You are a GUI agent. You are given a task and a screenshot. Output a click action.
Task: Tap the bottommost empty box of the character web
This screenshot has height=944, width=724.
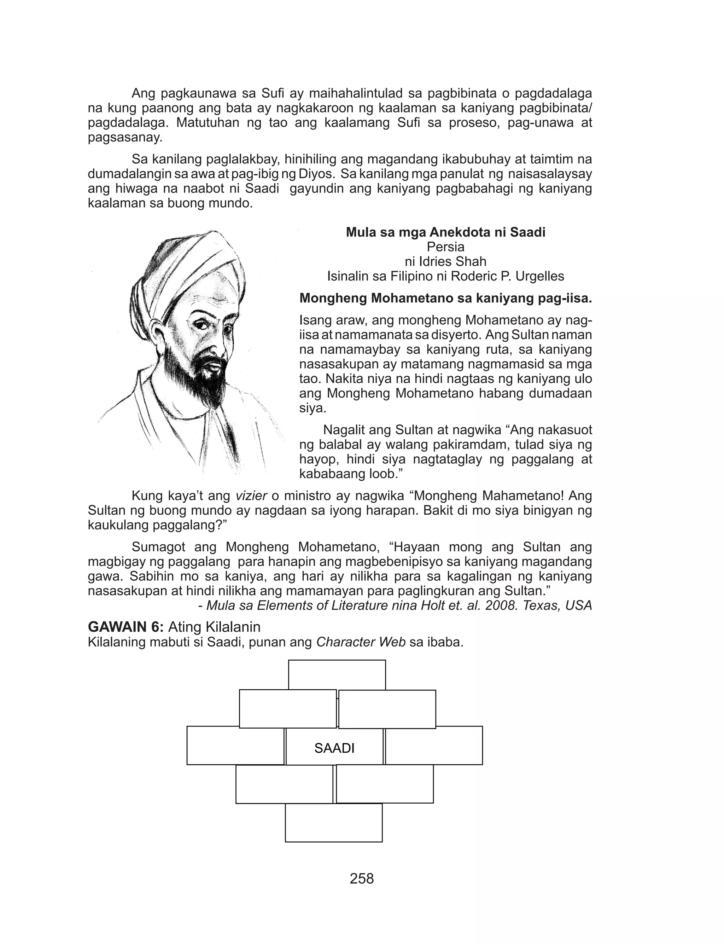[x=334, y=822]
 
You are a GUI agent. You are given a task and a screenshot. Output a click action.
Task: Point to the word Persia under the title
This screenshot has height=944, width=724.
[x=445, y=247]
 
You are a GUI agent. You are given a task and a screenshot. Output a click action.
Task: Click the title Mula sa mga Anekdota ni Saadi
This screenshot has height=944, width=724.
[x=445, y=232]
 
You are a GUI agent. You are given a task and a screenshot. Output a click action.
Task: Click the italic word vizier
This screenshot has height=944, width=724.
[x=251, y=496]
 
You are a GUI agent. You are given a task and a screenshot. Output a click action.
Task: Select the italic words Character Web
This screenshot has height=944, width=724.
[x=361, y=642]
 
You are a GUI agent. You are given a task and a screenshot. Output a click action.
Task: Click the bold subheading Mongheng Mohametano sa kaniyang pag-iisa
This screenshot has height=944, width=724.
[x=445, y=298]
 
